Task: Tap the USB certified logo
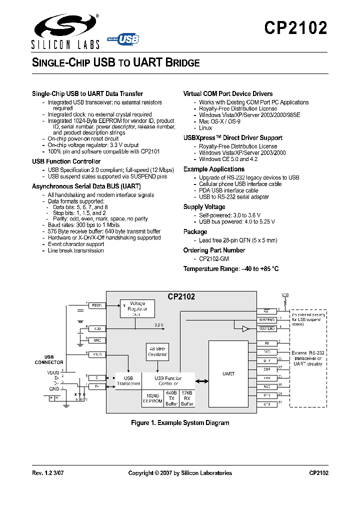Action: pyautogui.click(x=123, y=39)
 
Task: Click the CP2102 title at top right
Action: pyautogui.click(x=295, y=28)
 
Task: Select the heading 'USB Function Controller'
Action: pyautogui.click(x=66, y=161)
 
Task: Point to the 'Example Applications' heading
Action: pyautogui.click(x=213, y=169)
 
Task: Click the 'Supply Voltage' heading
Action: pyautogui.click(x=204, y=207)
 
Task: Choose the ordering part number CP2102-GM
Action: pyautogui.click(x=214, y=259)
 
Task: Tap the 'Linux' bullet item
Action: pyautogui.click(x=205, y=128)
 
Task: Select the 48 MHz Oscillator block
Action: pyautogui.click(x=157, y=351)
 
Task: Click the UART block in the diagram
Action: pyautogui.click(x=228, y=373)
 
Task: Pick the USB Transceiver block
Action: pyautogui.click(x=128, y=381)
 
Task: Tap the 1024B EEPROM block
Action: pyautogui.click(x=152, y=397)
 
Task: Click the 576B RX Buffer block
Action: pyautogui.click(x=187, y=397)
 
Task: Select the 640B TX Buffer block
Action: pyautogui.click(x=171, y=397)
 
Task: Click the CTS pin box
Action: pyautogui.click(x=266, y=403)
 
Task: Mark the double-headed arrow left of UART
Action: pyautogui.click(x=202, y=381)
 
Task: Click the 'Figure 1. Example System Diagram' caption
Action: pyautogui.click(x=180, y=423)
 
